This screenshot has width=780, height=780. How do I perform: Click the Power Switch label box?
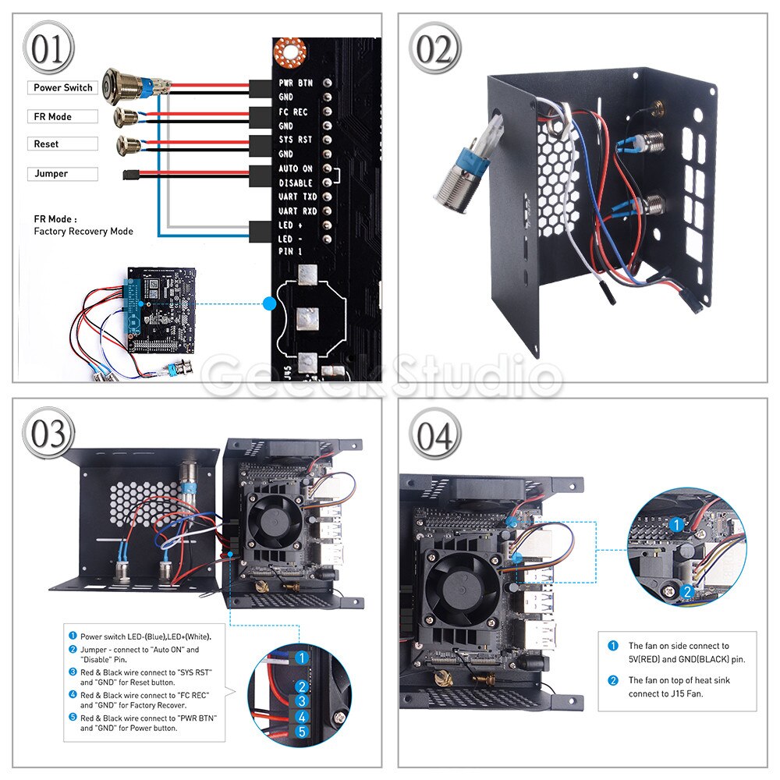point(63,88)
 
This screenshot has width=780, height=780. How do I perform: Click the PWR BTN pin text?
point(295,83)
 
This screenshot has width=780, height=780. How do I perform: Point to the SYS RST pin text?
point(295,140)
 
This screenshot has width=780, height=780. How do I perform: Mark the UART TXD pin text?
point(297,197)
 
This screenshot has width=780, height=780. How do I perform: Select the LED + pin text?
point(291,225)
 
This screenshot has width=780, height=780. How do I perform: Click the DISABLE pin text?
point(296,183)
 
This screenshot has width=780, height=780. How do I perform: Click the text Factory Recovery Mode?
point(83,232)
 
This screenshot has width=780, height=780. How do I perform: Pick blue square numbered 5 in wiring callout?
point(303,732)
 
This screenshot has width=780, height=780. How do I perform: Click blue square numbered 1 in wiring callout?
point(301,658)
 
